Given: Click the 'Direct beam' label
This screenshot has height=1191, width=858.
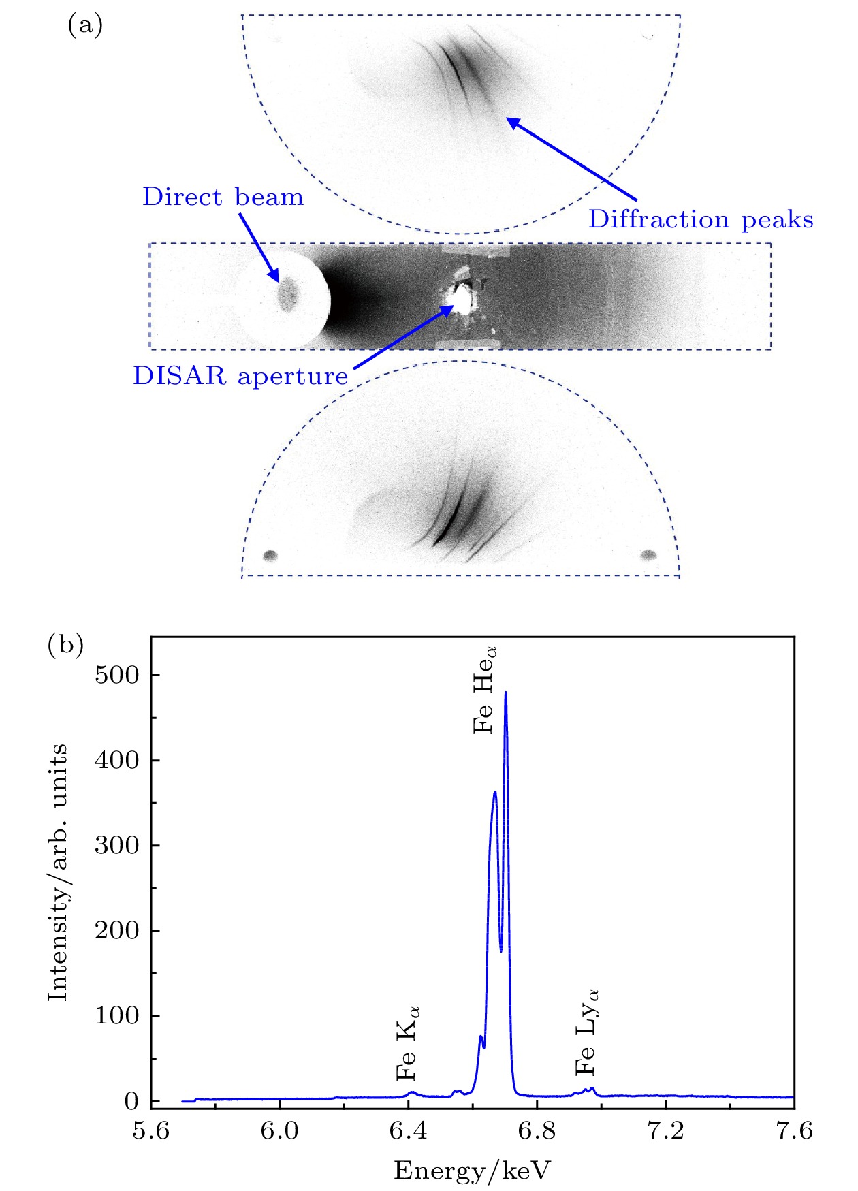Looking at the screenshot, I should [223, 197].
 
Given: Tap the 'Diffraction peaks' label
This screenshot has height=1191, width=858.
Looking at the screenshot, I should [701, 219].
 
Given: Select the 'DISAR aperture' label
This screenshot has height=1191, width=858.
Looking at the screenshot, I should [240, 376].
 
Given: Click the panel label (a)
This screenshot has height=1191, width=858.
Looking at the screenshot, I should [85, 26].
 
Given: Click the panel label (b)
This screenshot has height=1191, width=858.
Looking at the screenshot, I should [65, 644].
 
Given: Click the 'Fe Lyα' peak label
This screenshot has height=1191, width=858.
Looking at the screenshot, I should [586, 1032].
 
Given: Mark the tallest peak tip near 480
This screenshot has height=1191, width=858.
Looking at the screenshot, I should [505, 693].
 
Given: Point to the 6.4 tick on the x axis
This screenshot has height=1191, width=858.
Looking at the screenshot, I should [408, 1131].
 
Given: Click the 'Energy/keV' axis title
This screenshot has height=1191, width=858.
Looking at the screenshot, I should [472, 1171].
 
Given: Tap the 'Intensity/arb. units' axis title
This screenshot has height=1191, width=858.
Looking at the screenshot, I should [59, 872].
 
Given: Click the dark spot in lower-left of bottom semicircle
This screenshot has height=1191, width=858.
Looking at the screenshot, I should [270, 556].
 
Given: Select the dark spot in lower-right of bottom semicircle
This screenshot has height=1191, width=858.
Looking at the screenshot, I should [648, 555].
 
